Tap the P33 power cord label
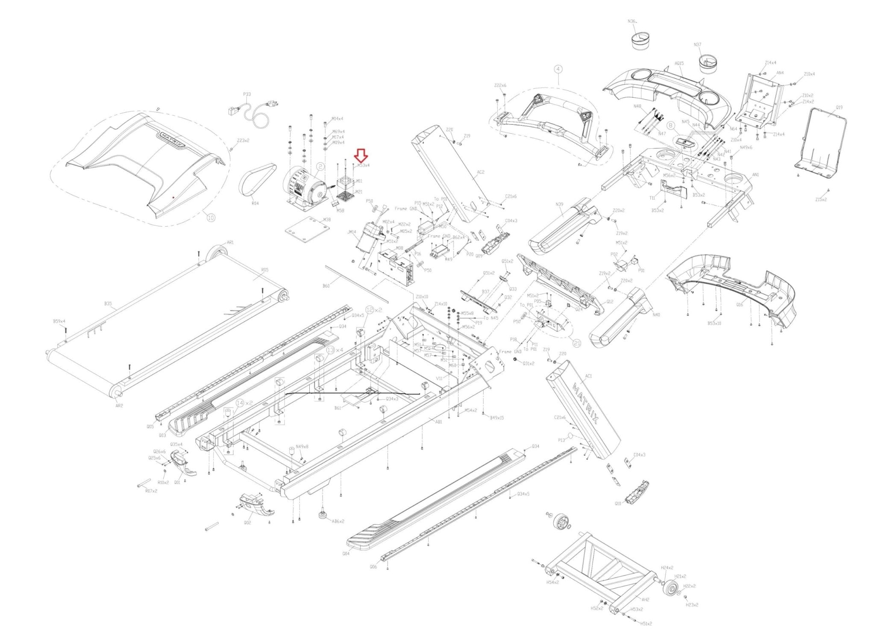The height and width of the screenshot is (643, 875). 247,94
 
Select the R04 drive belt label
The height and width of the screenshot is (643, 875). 255,203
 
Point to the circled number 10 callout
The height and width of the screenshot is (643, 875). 211,217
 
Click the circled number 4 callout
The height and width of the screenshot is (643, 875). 558,69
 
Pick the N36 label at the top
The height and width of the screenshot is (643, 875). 632,21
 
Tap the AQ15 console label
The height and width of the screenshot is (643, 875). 679,63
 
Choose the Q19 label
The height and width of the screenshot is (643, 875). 839,108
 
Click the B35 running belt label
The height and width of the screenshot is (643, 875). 108,304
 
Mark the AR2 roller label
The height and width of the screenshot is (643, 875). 119,405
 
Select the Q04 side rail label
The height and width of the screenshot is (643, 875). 346,553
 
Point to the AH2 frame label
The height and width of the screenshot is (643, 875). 645,599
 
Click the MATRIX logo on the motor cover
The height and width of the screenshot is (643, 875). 172,140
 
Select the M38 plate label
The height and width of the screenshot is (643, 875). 326,220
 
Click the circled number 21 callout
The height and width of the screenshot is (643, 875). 577,343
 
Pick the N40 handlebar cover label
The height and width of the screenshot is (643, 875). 656,315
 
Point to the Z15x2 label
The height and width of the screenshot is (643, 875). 821,200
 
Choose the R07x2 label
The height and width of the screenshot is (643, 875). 151,491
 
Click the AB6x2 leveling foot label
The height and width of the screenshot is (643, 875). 338,521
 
